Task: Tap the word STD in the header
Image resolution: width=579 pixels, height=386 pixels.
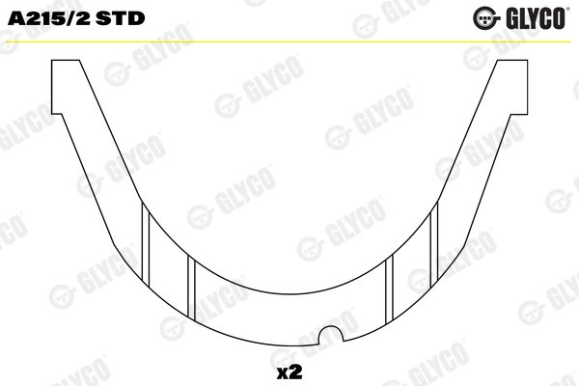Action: [121, 18]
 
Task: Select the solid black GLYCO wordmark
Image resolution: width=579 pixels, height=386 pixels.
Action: [535, 17]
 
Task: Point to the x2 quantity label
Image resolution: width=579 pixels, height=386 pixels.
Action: [289, 372]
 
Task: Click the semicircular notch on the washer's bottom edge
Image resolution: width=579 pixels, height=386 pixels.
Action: [331, 334]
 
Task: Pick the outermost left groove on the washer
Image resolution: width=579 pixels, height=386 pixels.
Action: [146, 244]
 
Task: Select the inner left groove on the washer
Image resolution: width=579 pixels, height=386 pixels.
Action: [191, 289]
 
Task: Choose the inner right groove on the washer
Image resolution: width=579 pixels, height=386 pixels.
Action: [389, 289]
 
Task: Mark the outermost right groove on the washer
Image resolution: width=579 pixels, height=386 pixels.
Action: [434, 244]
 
